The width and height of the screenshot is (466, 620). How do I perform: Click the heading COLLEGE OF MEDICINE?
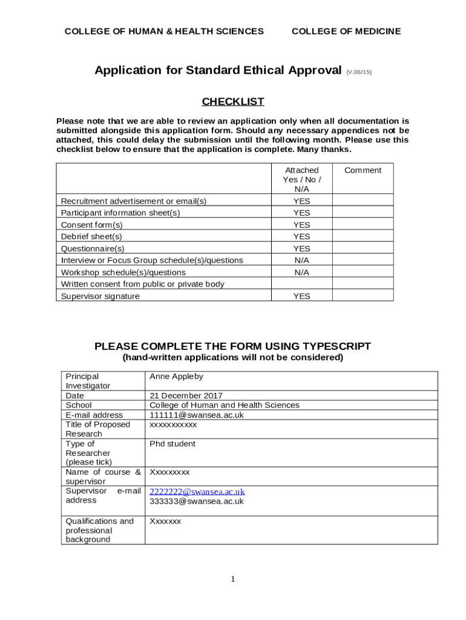point(346,31)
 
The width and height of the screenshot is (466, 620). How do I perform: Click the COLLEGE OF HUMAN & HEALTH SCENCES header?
point(164,31)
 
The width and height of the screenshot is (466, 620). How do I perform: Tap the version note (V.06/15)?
point(359,72)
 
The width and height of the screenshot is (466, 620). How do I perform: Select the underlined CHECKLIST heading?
point(233,102)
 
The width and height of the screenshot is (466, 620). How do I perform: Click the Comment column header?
point(363,171)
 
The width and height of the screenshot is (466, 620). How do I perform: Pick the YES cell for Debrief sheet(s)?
point(301,237)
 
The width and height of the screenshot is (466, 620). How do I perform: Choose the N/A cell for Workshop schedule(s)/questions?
point(301,272)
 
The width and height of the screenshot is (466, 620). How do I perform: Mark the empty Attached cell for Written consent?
point(301,284)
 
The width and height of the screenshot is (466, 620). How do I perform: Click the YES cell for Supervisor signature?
point(301,296)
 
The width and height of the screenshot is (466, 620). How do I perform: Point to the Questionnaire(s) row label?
point(93,249)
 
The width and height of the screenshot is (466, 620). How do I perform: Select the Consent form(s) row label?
point(91,225)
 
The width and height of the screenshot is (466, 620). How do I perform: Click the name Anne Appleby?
point(176,377)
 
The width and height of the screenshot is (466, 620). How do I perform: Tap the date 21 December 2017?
point(186,396)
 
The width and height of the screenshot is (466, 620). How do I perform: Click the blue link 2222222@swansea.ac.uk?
point(197,492)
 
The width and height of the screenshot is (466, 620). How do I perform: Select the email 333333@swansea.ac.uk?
point(197,501)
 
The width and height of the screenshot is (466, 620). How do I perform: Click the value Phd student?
point(172,444)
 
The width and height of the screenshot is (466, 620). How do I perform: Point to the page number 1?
point(233,580)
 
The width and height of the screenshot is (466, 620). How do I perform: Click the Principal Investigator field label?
point(88,381)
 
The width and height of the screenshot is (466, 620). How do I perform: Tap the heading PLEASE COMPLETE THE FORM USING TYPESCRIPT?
point(233,346)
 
